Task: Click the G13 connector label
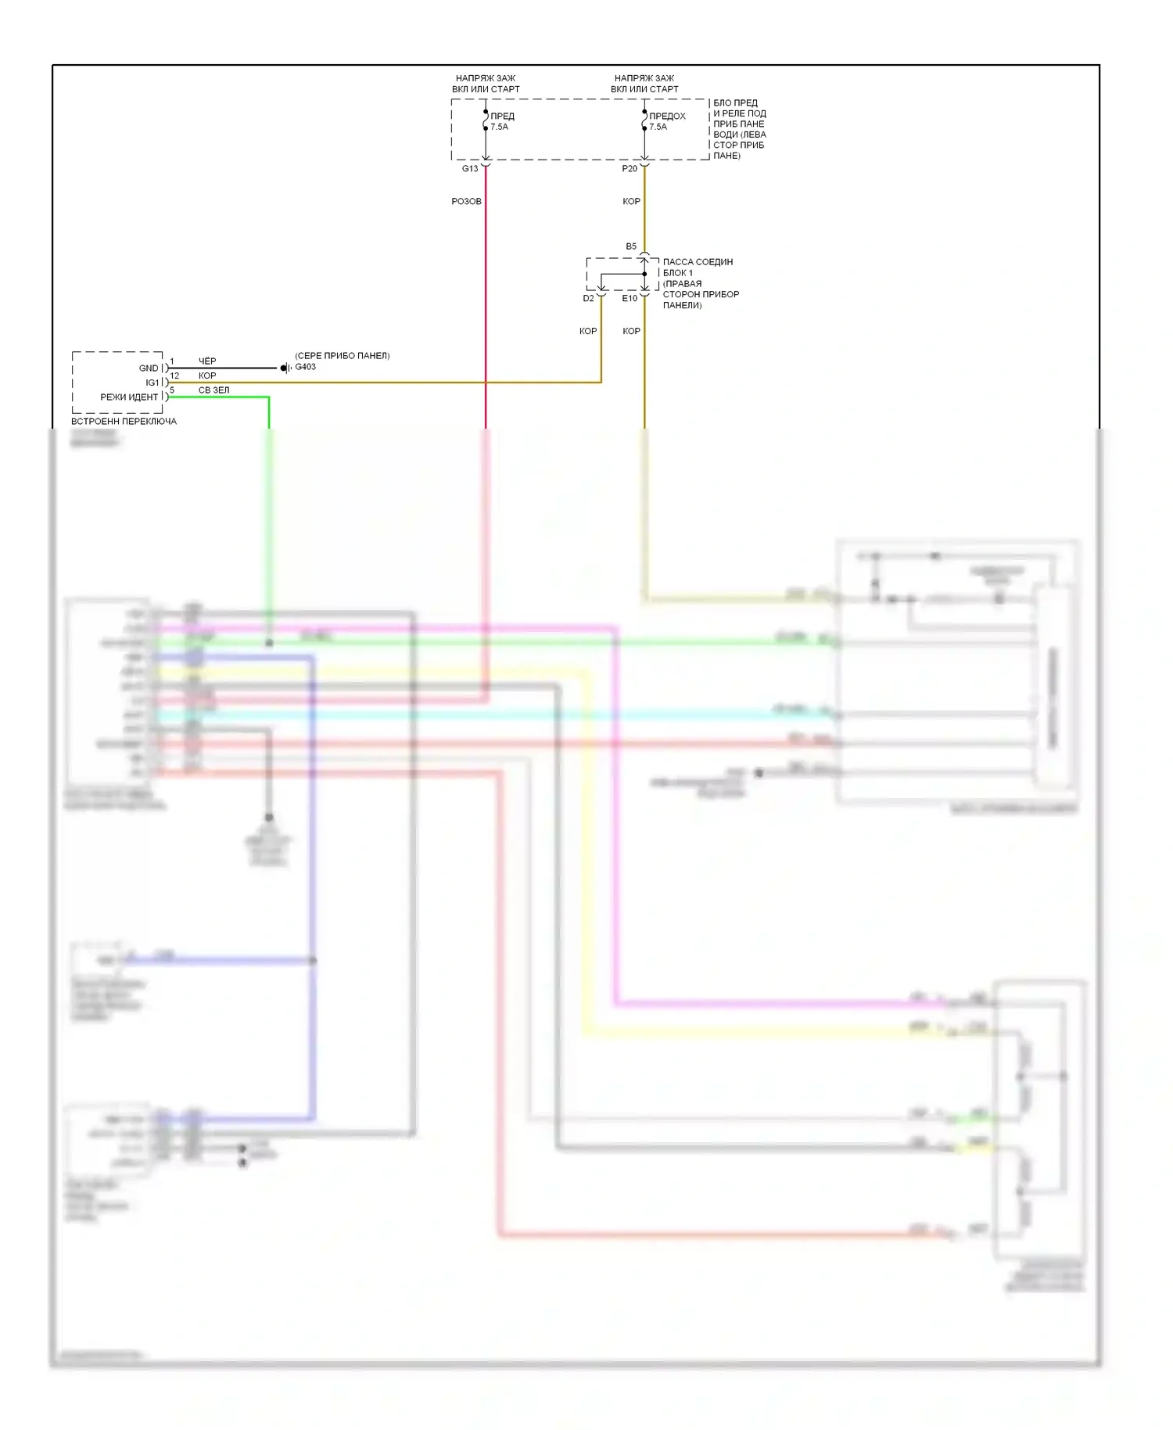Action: click(469, 169)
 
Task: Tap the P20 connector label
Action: click(630, 169)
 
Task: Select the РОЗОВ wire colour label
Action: click(466, 202)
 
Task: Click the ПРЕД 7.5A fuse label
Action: click(501, 121)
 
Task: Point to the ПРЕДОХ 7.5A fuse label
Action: click(666, 121)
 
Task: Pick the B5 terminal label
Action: click(631, 246)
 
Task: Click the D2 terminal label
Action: click(588, 298)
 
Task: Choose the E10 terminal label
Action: click(630, 298)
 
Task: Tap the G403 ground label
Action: click(305, 367)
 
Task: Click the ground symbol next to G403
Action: click(285, 368)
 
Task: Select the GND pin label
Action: click(149, 368)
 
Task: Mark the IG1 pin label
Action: click(152, 383)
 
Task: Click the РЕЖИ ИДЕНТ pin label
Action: click(129, 397)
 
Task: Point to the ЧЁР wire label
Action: click(207, 361)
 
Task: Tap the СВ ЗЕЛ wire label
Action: click(213, 390)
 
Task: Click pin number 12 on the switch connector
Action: click(174, 375)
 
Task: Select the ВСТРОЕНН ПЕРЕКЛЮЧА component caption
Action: click(124, 422)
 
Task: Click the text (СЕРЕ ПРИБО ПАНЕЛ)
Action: click(342, 356)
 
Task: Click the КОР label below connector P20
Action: click(631, 202)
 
